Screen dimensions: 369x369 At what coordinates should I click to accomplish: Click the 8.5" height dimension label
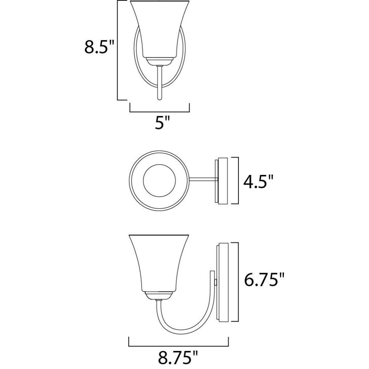coord(99,47)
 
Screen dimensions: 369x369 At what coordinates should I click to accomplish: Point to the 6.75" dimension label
coord(264,279)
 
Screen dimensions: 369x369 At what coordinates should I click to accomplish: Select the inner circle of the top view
coord(159,180)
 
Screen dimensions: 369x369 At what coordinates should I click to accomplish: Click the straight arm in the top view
coord(203,180)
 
